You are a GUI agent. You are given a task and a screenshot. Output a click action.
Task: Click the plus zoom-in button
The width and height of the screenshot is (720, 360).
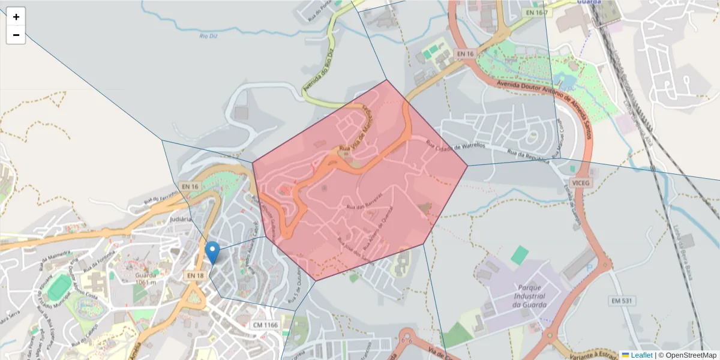coord(16,17)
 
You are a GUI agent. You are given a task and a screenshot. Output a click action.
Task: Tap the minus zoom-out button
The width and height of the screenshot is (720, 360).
coord(16,35)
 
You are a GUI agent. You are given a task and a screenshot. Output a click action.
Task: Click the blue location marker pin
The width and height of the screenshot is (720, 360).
coord(212,252)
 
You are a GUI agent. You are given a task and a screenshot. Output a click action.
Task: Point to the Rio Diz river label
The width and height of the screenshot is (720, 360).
coord(208,37)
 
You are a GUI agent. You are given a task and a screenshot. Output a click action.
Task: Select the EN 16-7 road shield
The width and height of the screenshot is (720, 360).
coord(536,13)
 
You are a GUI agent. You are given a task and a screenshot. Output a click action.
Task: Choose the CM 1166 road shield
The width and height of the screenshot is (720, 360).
coord(265,325)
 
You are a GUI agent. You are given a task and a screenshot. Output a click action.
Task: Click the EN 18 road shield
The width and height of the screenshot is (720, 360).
coord(196,275)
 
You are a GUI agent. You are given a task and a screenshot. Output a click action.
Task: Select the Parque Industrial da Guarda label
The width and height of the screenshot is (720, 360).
coord(529,296)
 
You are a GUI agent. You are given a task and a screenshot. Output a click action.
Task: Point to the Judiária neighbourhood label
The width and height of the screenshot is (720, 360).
coord(181,219)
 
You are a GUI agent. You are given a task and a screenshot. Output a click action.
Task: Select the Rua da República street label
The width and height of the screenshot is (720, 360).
coord(529,156)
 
